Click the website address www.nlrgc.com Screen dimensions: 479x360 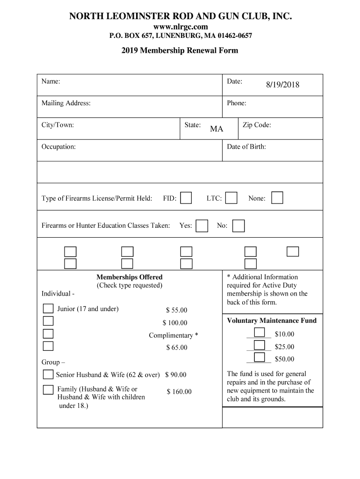click(x=180, y=27)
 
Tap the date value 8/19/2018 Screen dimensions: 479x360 click(x=283, y=85)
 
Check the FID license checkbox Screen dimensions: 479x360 click(x=186, y=198)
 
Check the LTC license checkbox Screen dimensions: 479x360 click(x=231, y=198)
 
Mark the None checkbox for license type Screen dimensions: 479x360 click(x=277, y=198)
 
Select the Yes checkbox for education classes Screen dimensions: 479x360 click(x=202, y=226)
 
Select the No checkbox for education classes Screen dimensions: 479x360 click(x=238, y=226)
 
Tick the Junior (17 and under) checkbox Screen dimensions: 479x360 click(x=48, y=309)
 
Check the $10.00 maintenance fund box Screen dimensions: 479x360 click(x=259, y=333)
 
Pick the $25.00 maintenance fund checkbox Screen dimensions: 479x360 click(x=259, y=346)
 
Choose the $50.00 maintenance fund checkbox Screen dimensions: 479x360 click(x=259, y=358)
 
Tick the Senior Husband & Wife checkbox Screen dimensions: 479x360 click(x=48, y=375)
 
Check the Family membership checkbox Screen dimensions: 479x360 click(x=48, y=390)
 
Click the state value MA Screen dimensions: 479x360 click(x=216, y=129)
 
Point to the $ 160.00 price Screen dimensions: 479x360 click(x=179, y=392)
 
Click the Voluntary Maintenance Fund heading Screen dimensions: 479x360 click(x=272, y=320)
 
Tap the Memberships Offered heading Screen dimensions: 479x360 click(x=130, y=277)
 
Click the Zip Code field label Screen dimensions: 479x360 click(x=257, y=125)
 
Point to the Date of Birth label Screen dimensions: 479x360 click(x=246, y=147)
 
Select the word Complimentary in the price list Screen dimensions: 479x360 click(x=171, y=335)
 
